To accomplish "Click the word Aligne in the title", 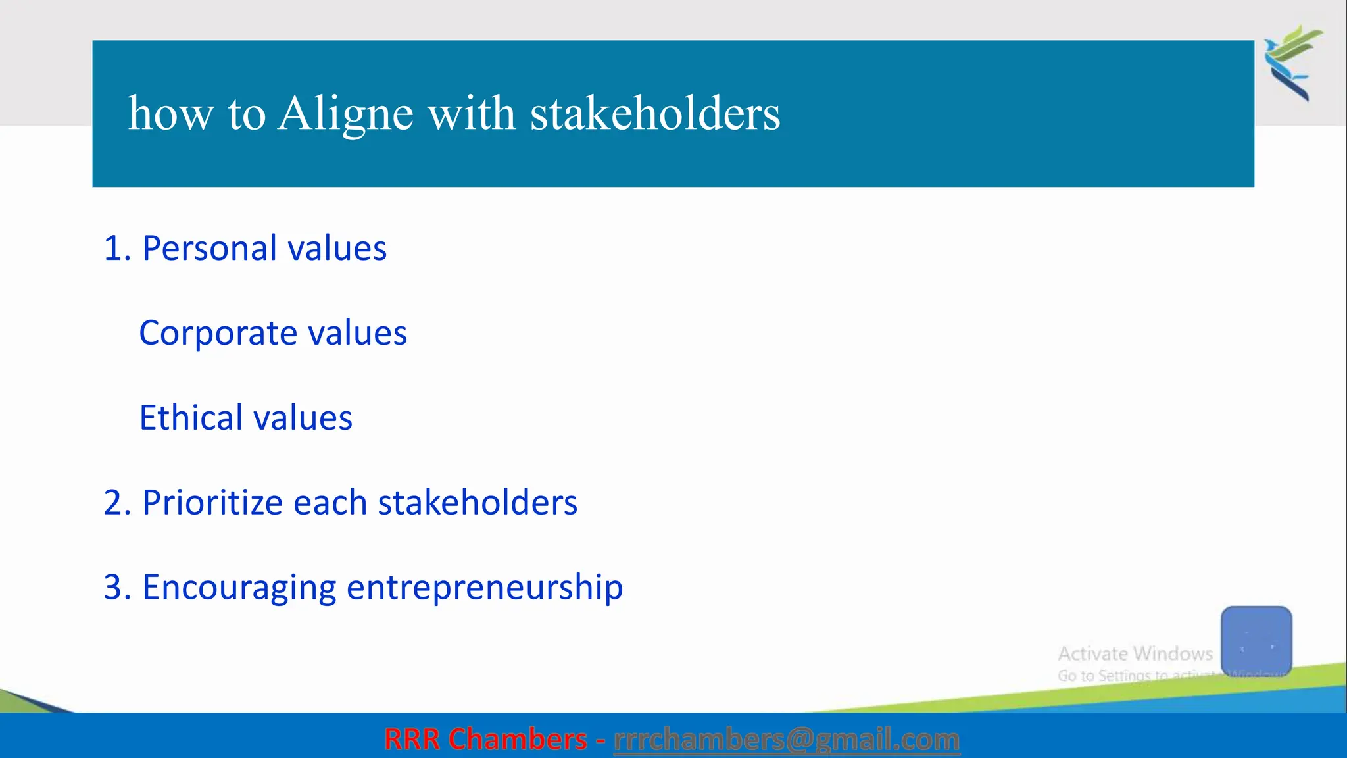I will (x=345, y=113).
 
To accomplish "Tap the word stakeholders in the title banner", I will (x=655, y=113).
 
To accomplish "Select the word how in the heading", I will (x=170, y=113).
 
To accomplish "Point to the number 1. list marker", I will (x=117, y=249).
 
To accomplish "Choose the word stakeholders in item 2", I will (x=478, y=503).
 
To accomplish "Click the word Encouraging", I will (x=239, y=587).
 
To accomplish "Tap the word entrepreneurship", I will (x=484, y=587).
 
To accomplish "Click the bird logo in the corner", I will (x=1292, y=63).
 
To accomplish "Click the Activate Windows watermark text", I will (x=1135, y=653).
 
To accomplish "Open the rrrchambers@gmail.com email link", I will (x=787, y=740).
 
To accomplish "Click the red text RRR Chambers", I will (x=485, y=740).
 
